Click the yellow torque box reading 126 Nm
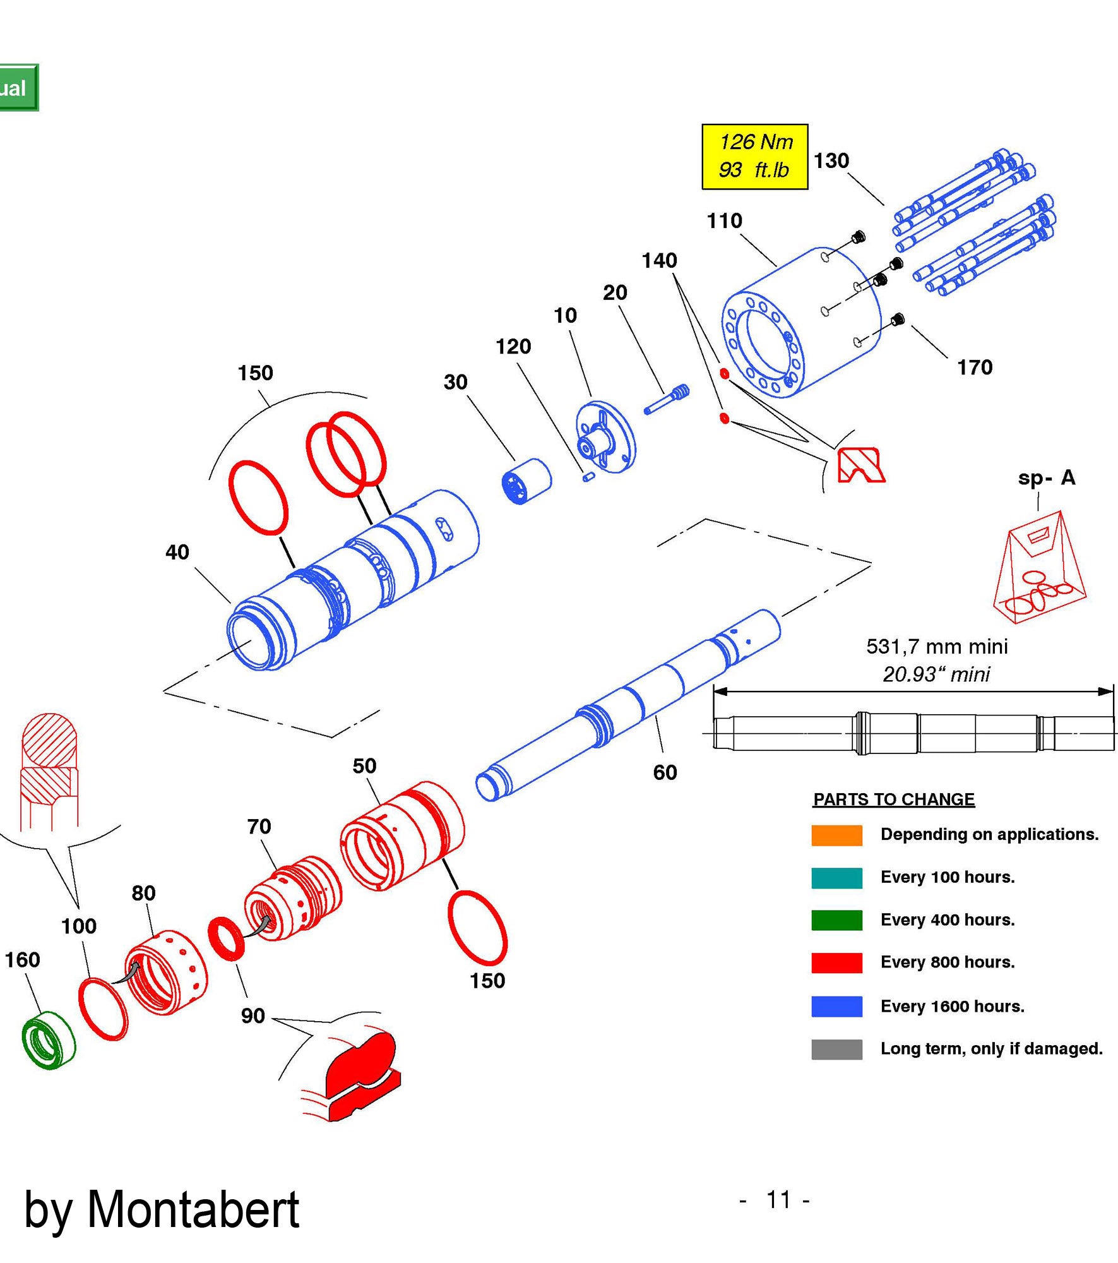(x=754, y=156)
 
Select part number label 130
(x=831, y=160)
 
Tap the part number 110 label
(x=724, y=220)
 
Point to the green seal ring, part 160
(x=48, y=1039)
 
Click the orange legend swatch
(x=836, y=835)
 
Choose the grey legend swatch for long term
(x=836, y=1049)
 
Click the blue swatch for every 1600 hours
(x=836, y=1006)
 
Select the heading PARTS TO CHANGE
(x=893, y=799)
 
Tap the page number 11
(x=777, y=1200)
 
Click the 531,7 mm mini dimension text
(x=936, y=646)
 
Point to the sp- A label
(x=1046, y=477)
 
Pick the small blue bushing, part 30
(x=526, y=481)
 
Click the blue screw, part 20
(x=667, y=400)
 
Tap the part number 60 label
(x=665, y=772)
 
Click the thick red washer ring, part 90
(x=226, y=938)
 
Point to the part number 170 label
(x=975, y=367)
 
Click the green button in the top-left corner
(x=18, y=88)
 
